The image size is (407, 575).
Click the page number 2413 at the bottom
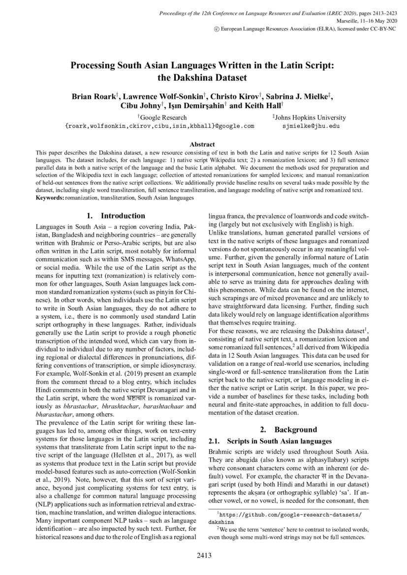(204, 556)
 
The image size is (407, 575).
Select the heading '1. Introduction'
(116, 215)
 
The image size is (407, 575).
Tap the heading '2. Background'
(288, 429)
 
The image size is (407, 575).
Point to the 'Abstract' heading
(202, 144)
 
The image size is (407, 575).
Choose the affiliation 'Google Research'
(163, 118)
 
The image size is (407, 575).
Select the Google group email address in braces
(160, 126)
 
